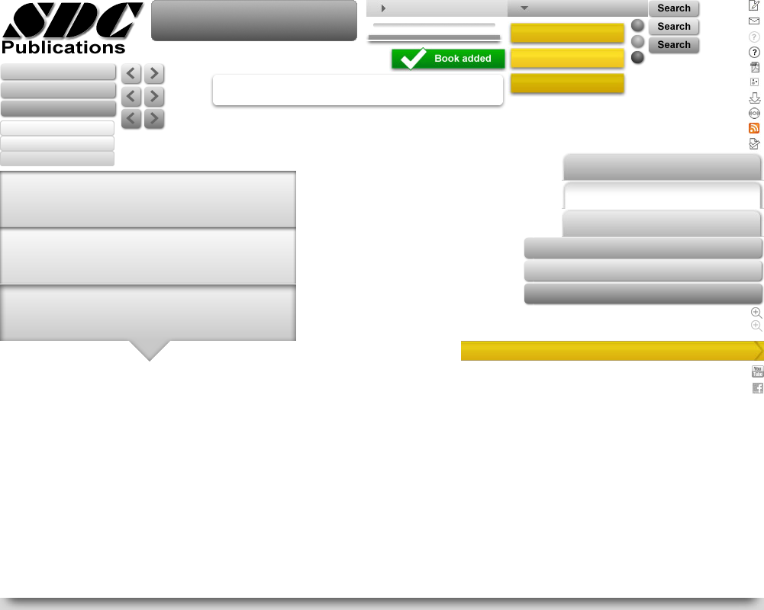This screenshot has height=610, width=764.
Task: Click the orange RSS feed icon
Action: (x=754, y=128)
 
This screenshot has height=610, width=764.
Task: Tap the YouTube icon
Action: (x=757, y=371)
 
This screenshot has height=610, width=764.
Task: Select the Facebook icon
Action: (x=757, y=388)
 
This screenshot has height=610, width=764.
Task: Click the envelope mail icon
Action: (x=754, y=21)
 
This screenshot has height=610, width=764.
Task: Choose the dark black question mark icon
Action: (x=754, y=52)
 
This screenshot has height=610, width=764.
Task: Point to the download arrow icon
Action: (x=754, y=98)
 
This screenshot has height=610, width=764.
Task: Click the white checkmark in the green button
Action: (x=413, y=59)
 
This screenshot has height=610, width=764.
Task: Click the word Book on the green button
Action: (x=446, y=59)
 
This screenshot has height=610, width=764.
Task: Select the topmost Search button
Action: (x=674, y=8)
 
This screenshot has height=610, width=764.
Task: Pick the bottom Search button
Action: (x=674, y=45)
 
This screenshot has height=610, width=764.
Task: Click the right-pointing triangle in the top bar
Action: (x=383, y=8)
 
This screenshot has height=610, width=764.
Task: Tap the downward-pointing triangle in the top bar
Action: (x=524, y=8)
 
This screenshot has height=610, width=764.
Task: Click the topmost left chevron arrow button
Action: (x=131, y=73)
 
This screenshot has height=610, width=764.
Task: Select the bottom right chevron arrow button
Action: (x=154, y=119)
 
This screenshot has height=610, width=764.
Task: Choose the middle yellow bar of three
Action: (x=567, y=58)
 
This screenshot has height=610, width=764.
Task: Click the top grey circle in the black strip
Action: (x=637, y=25)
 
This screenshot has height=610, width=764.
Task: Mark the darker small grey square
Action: (x=756, y=313)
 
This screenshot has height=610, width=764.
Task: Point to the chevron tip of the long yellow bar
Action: (x=759, y=350)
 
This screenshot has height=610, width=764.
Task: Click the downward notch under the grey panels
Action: (x=150, y=350)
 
